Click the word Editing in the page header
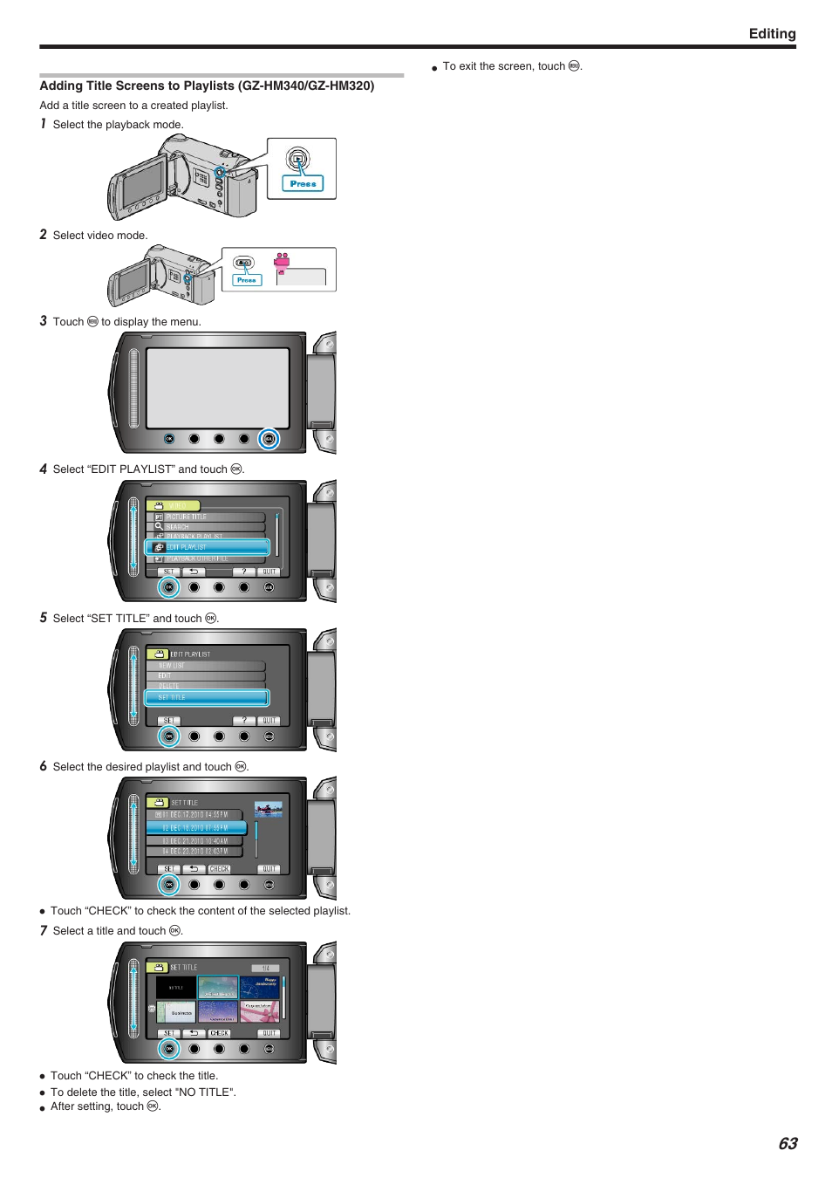click(772, 34)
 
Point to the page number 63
click(788, 1143)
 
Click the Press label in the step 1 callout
click(303, 184)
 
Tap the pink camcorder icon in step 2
click(282, 261)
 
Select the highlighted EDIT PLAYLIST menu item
click(207, 547)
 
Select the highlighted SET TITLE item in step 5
click(207, 697)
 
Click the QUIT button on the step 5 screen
click(269, 721)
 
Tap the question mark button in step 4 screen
click(244, 572)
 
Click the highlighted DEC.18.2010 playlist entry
click(196, 827)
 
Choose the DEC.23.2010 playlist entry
click(196, 851)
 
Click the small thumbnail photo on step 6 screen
click(268, 809)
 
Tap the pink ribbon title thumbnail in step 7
click(260, 1011)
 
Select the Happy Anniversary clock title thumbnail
click(260, 987)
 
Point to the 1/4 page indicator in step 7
click(265, 968)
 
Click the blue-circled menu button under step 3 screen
click(269, 439)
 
